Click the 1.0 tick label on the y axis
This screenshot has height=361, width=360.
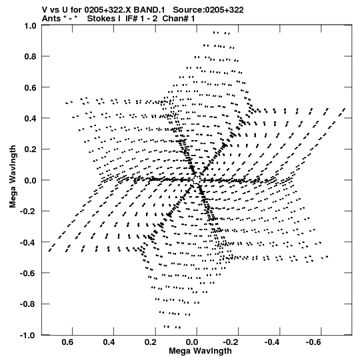(31, 25)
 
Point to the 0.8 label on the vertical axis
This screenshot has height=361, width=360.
(31, 57)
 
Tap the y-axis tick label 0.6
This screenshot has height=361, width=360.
(31, 87)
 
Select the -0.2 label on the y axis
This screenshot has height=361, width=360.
(29, 212)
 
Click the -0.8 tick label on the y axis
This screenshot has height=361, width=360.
(29, 304)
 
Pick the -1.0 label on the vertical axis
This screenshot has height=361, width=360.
(29, 335)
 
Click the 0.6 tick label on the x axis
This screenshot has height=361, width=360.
(67, 342)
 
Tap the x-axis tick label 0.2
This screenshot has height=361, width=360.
(151, 342)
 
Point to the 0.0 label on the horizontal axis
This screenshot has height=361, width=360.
(192, 342)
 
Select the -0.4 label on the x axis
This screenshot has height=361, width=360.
(273, 342)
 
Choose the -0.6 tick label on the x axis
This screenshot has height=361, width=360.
(314, 342)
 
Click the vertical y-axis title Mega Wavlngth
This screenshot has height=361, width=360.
(13, 176)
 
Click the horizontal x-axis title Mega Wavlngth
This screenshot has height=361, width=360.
(200, 351)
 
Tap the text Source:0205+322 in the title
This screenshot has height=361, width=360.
(208, 10)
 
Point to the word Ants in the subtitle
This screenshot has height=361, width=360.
(51, 19)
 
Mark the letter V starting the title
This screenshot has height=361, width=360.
(45, 10)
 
